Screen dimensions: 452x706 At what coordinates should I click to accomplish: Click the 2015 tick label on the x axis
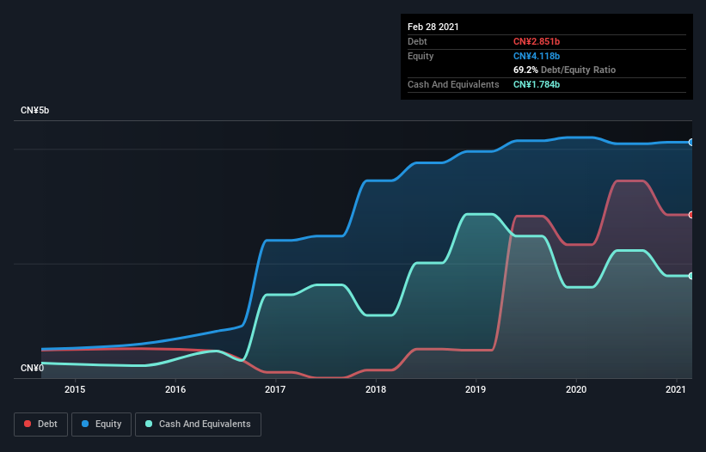(75, 389)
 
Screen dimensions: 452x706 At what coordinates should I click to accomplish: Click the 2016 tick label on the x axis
(175, 389)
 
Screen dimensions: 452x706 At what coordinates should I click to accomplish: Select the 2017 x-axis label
(275, 389)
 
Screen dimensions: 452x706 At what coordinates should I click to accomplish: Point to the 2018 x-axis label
(376, 389)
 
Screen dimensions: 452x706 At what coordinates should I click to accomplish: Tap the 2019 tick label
(476, 389)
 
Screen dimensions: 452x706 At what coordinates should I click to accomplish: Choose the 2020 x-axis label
(576, 389)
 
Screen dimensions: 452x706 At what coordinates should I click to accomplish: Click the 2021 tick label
(676, 389)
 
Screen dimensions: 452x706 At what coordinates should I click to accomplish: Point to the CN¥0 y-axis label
(32, 369)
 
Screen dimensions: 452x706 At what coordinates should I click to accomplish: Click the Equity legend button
(101, 424)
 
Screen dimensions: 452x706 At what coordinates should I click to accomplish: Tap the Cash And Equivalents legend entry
(198, 424)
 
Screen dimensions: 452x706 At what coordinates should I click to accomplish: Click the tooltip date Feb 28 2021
(433, 27)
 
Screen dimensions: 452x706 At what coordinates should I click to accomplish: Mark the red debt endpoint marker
(691, 215)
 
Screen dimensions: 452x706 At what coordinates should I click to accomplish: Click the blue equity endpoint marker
(691, 142)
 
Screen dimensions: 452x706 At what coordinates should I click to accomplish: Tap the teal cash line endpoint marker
(691, 276)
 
